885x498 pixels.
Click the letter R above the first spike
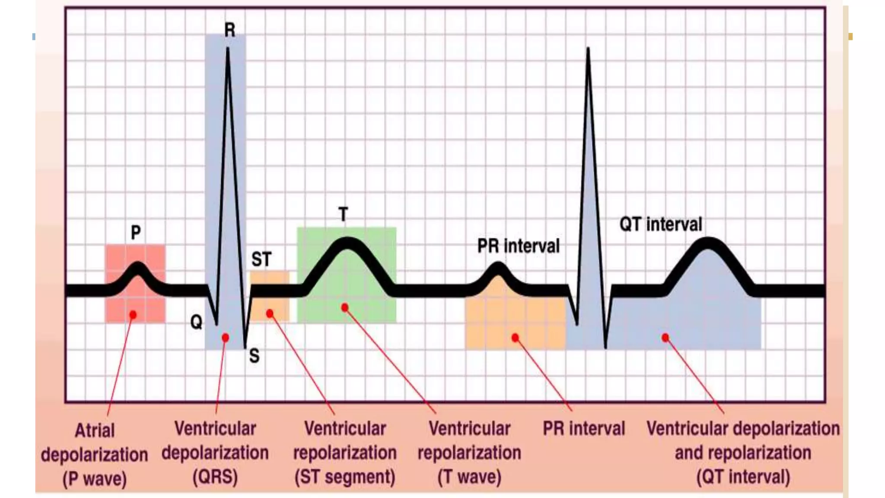click(x=230, y=30)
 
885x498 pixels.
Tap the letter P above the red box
click(x=136, y=233)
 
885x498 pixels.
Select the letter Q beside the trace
click(x=196, y=322)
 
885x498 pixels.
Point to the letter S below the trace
click(x=254, y=356)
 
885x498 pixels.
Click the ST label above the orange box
click(x=261, y=259)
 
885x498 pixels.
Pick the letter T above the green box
click(x=343, y=214)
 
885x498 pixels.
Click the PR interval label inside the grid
click(x=518, y=246)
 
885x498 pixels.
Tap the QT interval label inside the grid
click(x=661, y=224)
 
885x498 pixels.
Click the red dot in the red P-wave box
click(x=133, y=315)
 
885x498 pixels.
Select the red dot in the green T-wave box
click(x=344, y=307)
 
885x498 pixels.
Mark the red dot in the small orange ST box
click(x=270, y=313)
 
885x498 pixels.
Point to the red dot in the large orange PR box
click(x=515, y=338)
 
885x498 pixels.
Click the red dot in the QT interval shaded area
click(x=665, y=338)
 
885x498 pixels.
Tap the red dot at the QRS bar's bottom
click(x=225, y=338)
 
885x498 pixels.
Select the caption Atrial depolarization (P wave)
click(x=95, y=455)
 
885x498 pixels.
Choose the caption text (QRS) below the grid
click(x=215, y=477)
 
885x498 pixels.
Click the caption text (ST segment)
click(x=344, y=477)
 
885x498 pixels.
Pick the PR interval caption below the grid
click(x=584, y=428)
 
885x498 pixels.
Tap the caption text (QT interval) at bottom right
click(x=743, y=477)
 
